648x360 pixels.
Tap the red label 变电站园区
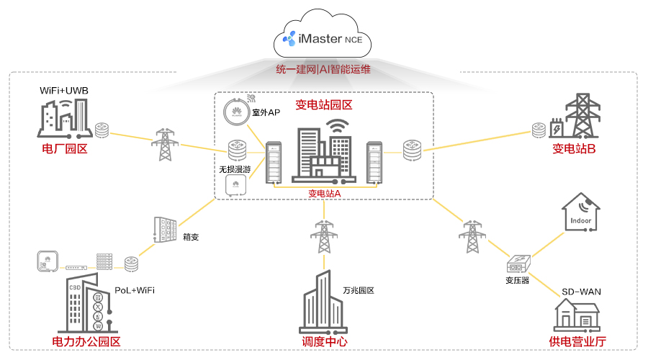(323, 105)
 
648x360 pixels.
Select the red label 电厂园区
(65, 149)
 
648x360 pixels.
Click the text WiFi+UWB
(63, 91)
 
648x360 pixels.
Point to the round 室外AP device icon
(235, 112)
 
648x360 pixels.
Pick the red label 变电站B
(574, 149)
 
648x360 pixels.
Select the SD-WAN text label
(581, 292)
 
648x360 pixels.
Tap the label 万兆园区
(358, 291)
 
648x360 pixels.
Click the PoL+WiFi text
(135, 290)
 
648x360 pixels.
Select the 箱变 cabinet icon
(163, 230)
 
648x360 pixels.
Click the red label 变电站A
(324, 193)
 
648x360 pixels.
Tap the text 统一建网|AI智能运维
(323, 70)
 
